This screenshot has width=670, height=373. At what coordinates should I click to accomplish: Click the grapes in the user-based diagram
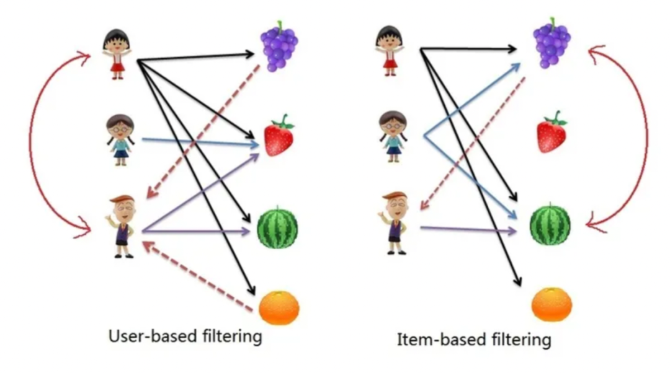pyautogui.click(x=279, y=46)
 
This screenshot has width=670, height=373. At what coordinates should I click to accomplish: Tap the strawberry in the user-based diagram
pyautogui.click(x=279, y=136)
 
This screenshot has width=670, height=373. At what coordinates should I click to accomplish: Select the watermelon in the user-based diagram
pyautogui.click(x=278, y=227)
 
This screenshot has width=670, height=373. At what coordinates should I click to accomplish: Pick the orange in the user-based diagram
pyautogui.click(x=279, y=308)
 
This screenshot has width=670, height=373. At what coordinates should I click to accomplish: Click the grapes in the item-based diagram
pyautogui.click(x=552, y=43)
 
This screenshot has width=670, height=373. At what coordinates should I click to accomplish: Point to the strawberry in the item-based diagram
pyautogui.click(x=552, y=133)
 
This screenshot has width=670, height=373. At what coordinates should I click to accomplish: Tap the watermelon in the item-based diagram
pyautogui.click(x=550, y=224)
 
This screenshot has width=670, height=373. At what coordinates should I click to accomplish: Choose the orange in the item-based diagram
pyautogui.click(x=552, y=304)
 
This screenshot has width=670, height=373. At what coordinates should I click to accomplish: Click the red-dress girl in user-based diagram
pyautogui.click(x=117, y=54)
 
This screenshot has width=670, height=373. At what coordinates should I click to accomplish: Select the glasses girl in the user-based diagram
pyautogui.click(x=120, y=140)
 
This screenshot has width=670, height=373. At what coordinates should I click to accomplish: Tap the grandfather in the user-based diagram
pyautogui.click(x=122, y=227)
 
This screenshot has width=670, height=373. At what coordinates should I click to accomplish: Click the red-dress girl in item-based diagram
pyautogui.click(x=389, y=51)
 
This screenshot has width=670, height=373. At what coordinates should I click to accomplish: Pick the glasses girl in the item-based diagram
pyautogui.click(x=393, y=136)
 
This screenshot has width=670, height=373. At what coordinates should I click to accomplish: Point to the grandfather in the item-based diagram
pyautogui.click(x=393, y=223)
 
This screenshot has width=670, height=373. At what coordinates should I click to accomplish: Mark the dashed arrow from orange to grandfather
pyautogui.click(x=199, y=277)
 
